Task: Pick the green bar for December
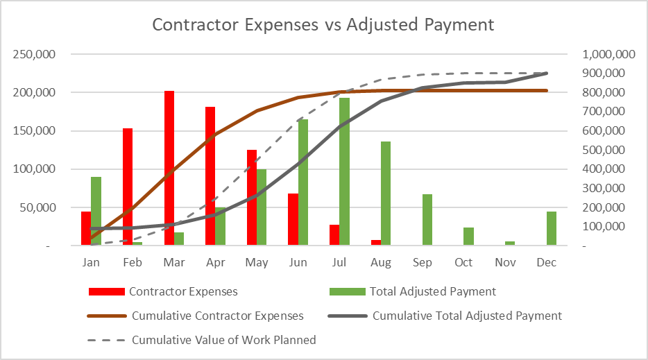552,228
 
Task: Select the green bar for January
96,211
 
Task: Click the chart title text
323,25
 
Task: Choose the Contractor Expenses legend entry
183,291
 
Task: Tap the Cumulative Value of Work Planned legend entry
223,340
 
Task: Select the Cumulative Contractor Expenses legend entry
217,316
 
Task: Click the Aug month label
381,262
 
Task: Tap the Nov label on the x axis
505,262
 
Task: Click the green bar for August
386,194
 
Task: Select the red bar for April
210,176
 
